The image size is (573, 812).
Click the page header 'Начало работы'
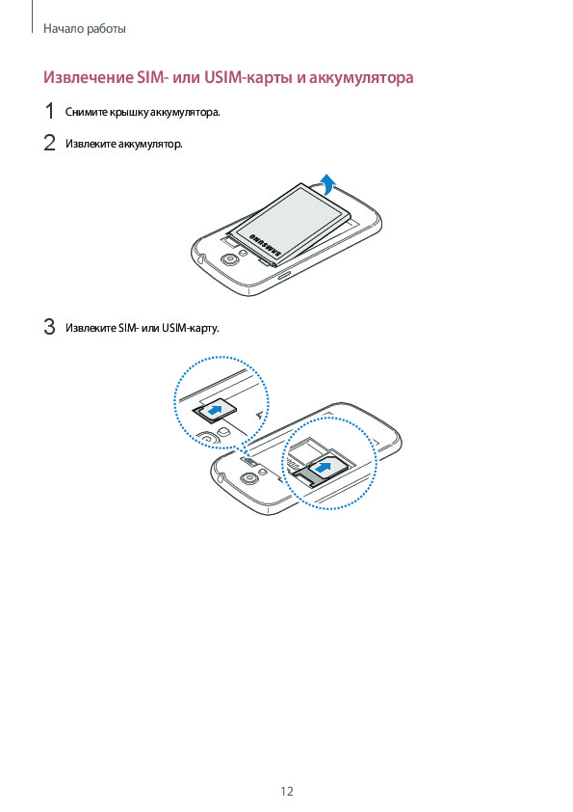point(85,29)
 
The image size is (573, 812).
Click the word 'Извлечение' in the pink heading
point(89,78)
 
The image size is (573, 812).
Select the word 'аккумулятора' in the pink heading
point(361,78)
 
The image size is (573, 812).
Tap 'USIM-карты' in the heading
point(248,78)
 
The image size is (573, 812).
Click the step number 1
point(50,111)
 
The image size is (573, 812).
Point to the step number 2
point(49,143)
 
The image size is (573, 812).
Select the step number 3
point(49,327)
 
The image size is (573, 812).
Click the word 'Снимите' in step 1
point(86,113)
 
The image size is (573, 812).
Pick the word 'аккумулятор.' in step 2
point(150,144)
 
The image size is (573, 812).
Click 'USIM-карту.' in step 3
point(190,328)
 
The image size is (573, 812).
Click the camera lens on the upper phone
point(227,259)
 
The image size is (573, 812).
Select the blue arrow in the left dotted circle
point(216,411)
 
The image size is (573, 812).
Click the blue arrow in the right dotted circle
point(323,468)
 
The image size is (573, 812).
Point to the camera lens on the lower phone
point(248,479)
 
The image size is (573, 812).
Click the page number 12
point(287,792)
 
